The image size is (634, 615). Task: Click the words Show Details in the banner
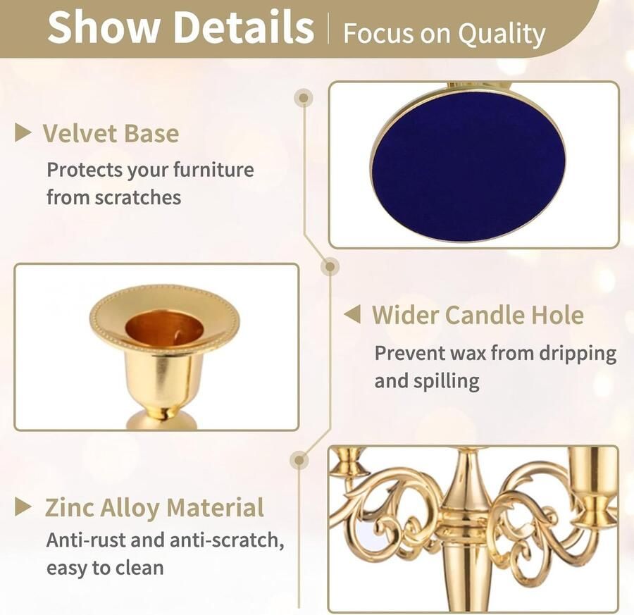(181, 27)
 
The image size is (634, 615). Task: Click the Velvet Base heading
(111, 133)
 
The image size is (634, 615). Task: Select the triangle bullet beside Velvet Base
(23, 133)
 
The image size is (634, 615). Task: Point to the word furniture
(213, 169)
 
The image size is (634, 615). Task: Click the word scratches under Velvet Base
(138, 197)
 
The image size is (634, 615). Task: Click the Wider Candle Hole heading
(478, 315)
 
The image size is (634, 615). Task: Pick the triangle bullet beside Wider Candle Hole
(352, 314)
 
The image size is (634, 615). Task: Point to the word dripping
(578, 354)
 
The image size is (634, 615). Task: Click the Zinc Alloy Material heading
(154, 507)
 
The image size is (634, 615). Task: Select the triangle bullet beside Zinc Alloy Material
(23, 507)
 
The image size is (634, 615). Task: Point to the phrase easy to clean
(105, 569)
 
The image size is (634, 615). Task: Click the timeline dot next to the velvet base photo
(304, 97)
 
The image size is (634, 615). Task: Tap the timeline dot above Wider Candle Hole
(330, 266)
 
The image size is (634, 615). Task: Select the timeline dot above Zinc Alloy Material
(299, 460)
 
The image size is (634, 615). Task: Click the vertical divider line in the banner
(328, 28)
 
